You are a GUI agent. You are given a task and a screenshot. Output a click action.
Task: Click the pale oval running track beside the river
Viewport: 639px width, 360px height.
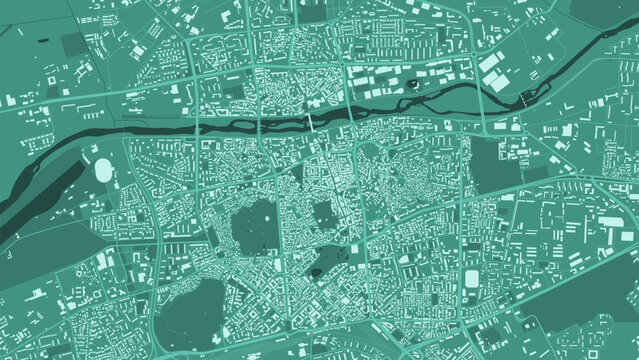[105, 171]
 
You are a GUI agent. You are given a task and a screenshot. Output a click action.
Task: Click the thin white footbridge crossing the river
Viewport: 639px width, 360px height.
[310, 121]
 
